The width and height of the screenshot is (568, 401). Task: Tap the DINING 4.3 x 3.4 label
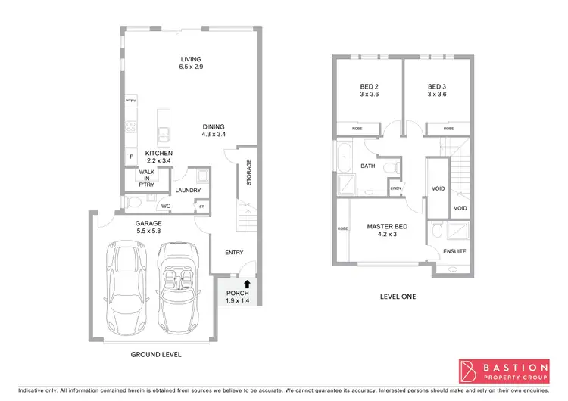(214, 130)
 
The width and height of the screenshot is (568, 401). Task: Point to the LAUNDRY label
(187, 191)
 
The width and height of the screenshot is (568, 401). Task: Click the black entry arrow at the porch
(246, 285)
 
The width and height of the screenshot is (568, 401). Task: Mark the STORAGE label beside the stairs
(248, 172)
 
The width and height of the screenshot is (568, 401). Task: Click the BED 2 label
(369, 90)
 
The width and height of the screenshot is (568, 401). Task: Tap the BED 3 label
(437, 90)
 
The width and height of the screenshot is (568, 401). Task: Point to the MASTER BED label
(387, 230)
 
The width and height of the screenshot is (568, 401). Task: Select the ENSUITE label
(454, 251)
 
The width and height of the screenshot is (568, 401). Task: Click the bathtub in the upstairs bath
(343, 159)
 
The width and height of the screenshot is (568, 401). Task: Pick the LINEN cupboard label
(395, 188)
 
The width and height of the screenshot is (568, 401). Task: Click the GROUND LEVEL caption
(156, 354)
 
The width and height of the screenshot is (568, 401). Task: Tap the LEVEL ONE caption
(398, 296)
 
